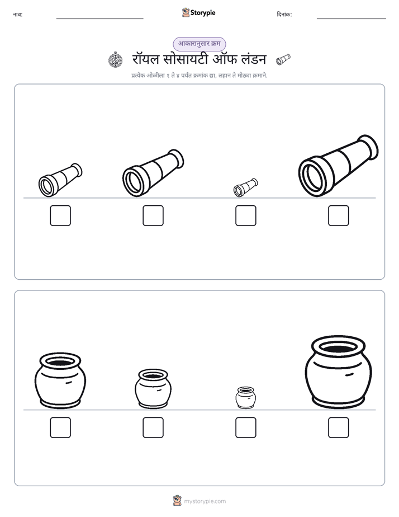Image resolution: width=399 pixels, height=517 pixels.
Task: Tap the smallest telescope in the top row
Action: coord(245,187)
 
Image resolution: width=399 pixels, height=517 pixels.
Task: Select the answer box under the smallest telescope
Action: coord(245,215)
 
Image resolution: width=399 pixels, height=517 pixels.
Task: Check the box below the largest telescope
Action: coord(339,215)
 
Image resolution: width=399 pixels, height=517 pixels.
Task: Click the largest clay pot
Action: coord(339,372)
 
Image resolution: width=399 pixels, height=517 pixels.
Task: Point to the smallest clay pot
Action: coord(245,398)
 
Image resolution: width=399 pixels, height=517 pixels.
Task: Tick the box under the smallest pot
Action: coord(245,427)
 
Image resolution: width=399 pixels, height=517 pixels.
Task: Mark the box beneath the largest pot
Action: coord(339,427)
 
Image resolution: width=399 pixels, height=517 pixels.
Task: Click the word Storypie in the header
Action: coord(203,13)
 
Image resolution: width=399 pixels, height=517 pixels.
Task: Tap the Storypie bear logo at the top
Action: coord(186,12)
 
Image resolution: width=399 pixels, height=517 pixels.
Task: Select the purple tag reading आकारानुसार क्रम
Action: coord(199,44)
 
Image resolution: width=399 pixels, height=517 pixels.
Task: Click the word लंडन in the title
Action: coord(254,59)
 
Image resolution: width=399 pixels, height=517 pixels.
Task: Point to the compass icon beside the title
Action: coord(116,60)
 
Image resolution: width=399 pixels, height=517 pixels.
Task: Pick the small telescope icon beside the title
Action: coord(283,59)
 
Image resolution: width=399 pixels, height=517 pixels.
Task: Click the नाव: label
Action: coord(18,15)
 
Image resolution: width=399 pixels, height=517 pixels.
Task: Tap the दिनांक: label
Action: coord(284,15)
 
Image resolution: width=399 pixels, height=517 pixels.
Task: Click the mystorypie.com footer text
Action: coord(205,501)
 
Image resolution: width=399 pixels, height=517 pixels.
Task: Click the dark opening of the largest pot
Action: coord(339,348)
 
